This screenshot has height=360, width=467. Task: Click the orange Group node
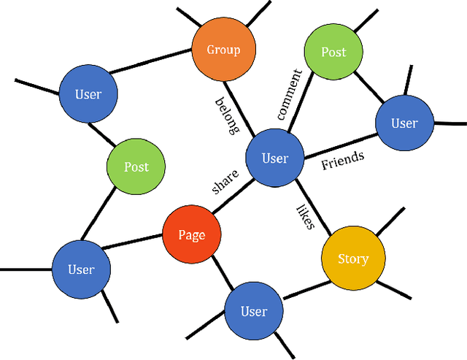[x=224, y=50]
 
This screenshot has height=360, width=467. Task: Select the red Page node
[x=191, y=234]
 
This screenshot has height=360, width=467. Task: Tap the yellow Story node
[x=352, y=258]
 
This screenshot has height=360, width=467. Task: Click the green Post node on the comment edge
[x=333, y=53]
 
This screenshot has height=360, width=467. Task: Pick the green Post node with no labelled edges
[x=136, y=166]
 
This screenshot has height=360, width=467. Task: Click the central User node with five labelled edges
[x=274, y=158]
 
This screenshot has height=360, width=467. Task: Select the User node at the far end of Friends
[x=404, y=123]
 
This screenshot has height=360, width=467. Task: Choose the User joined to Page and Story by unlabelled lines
[x=254, y=311]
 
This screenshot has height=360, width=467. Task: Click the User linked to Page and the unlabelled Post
[x=81, y=269]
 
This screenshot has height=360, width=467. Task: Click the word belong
[x=227, y=116]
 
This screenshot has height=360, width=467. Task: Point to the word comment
[x=289, y=94]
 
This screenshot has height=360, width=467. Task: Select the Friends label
[x=342, y=160]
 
